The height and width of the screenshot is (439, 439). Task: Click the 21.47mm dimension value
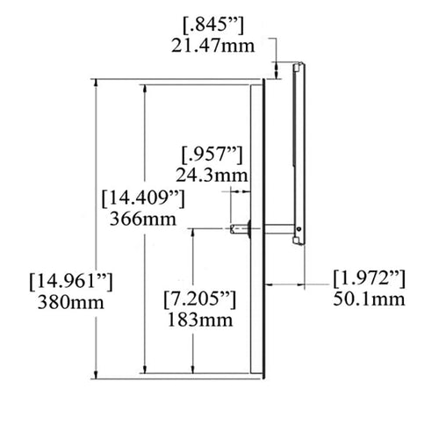(x=212, y=47)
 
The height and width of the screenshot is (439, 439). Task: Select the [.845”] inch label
(x=212, y=26)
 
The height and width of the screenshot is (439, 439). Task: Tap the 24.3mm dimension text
(x=212, y=176)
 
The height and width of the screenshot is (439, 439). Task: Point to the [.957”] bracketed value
(x=212, y=155)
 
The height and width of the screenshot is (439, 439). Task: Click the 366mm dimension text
(x=143, y=219)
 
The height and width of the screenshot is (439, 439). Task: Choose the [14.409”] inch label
(x=143, y=198)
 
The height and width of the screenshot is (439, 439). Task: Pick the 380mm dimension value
(x=71, y=302)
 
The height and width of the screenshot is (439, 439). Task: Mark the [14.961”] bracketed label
(x=71, y=282)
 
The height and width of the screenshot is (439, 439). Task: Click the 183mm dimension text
(x=200, y=320)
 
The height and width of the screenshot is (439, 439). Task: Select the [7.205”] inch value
(x=200, y=299)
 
